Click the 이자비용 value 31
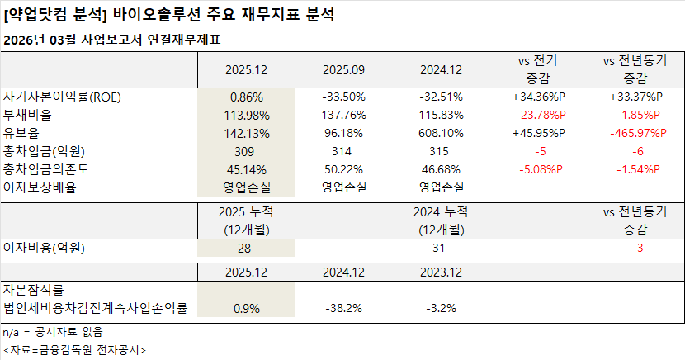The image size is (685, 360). [442, 247]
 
